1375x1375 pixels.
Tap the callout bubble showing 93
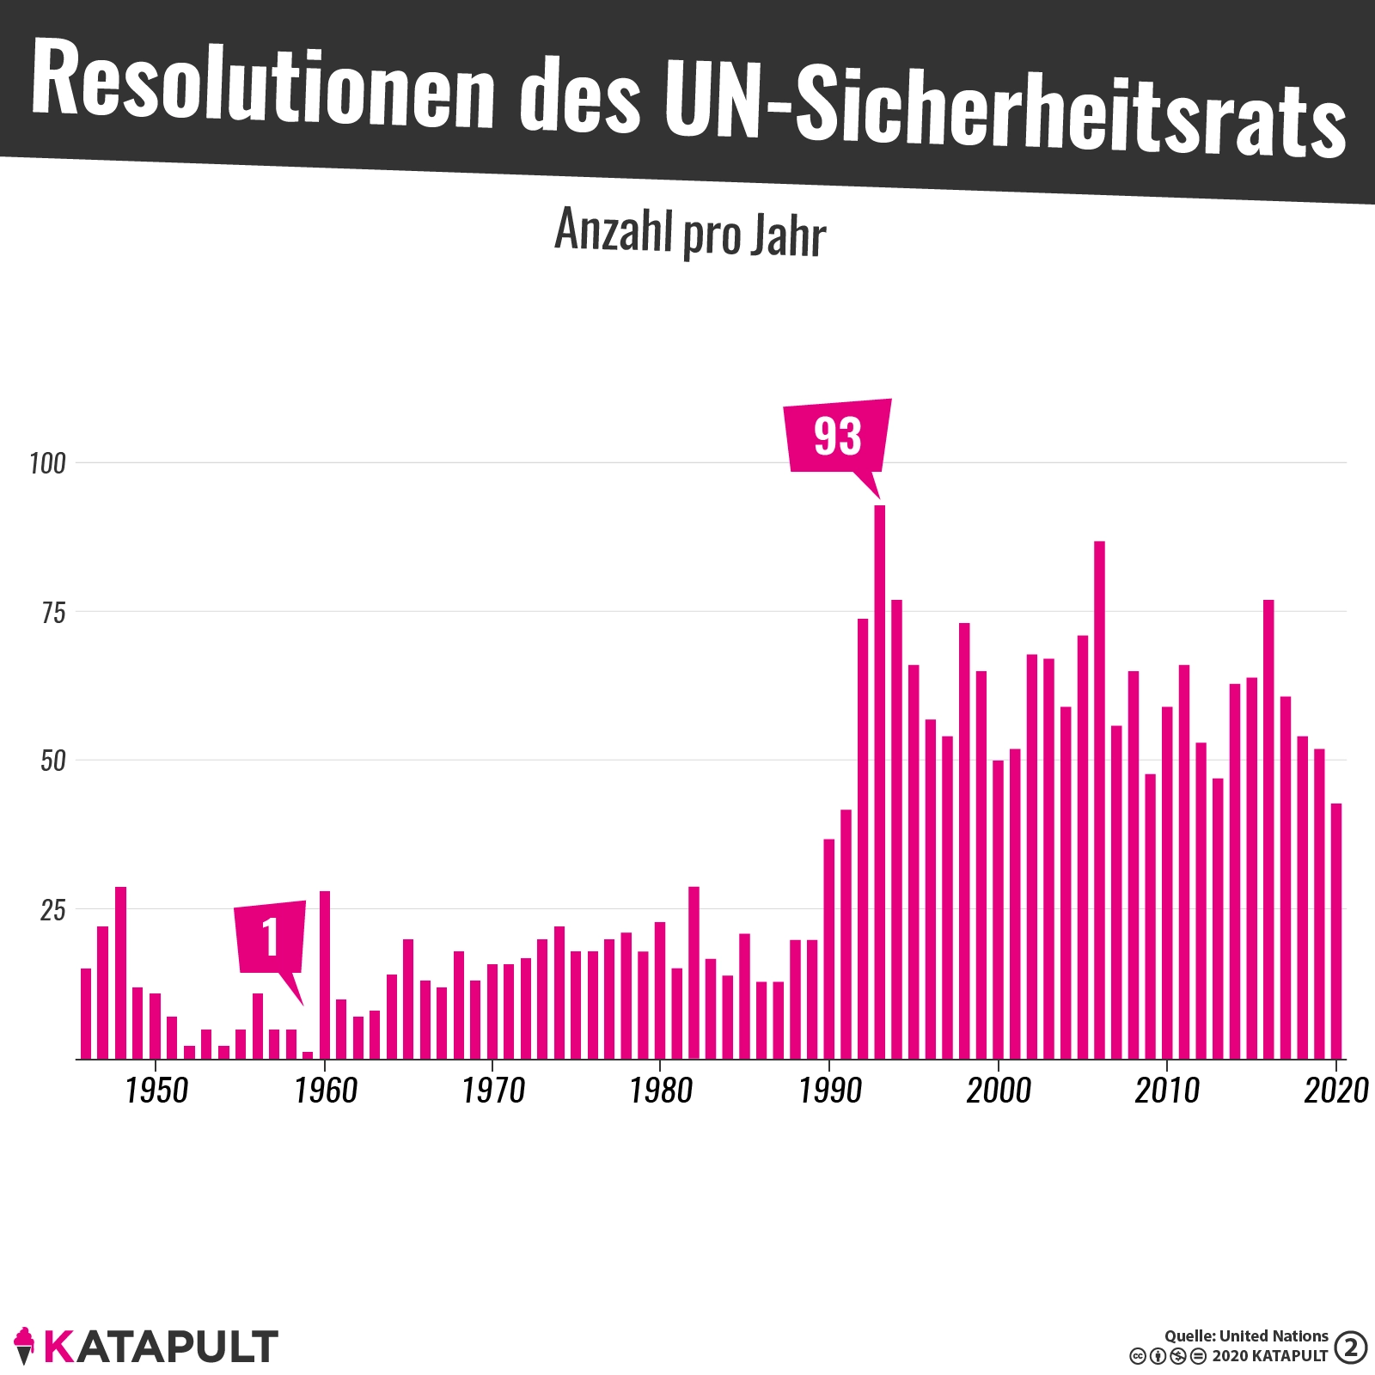point(838,436)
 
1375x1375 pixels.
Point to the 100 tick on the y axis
point(47,464)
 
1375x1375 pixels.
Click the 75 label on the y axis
point(53,613)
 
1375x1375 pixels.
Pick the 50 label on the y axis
point(53,761)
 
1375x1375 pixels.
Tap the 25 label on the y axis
point(53,910)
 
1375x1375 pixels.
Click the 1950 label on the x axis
point(156,1091)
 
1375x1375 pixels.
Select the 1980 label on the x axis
point(661,1091)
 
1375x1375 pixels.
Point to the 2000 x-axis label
point(999,1091)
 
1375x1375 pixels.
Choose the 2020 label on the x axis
point(1335,1091)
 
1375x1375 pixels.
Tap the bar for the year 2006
point(1099,799)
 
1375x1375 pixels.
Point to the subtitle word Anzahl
point(614,230)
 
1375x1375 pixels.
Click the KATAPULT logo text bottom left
point(161,1347)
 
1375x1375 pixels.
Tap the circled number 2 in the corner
point(1351,1347)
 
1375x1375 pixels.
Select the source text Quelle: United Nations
point(1246,1336)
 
